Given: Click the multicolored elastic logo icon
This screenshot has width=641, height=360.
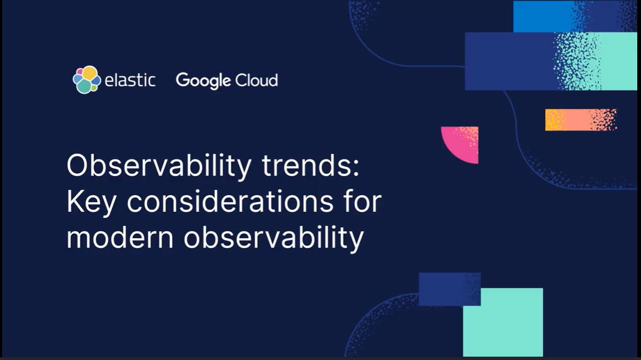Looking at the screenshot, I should point(87,80).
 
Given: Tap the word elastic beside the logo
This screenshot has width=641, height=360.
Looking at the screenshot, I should point(130,81).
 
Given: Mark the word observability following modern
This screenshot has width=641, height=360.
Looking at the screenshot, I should point(273,238).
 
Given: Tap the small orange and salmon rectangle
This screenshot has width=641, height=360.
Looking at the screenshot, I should point(581,120).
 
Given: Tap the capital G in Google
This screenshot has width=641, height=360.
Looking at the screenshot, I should point(183,80).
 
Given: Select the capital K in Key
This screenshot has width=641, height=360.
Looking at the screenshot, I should point(74,203).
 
